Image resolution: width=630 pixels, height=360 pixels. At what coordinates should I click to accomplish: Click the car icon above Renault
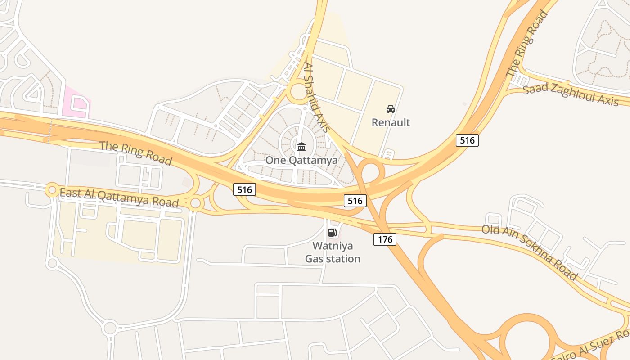tap(391, 109)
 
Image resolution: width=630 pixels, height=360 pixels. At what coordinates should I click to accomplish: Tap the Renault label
tap(391, 122)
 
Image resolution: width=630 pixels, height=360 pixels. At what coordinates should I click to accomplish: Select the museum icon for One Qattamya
tap(301, 147)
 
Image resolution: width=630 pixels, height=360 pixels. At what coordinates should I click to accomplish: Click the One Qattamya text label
tap(301, 161)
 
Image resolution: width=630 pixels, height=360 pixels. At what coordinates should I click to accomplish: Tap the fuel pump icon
tap(333, 233)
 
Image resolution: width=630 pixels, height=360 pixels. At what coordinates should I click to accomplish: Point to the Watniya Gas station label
tap(333, 252)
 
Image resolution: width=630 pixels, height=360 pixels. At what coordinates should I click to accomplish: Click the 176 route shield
tap(385, 239)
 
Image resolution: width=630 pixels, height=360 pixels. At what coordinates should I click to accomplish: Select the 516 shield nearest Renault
tap(467, 140)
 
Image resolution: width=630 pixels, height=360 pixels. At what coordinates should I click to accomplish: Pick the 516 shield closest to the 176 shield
tap(355, 201)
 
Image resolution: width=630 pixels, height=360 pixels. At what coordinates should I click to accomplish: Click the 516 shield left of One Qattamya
tap(245, 189)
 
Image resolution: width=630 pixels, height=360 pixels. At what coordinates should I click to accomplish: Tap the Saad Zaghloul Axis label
tap(571, 94)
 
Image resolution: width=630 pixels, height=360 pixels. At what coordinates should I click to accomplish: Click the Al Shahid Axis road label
tap(318, 97)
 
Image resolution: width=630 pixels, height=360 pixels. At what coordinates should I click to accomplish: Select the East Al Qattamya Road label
tap(119, 198)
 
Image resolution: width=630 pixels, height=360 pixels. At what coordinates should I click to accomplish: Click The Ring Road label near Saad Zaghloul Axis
tap(527, 44)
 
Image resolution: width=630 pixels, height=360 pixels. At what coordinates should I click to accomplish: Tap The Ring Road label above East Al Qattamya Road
tap(135, 153)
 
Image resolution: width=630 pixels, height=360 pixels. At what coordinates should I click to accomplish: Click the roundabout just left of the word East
tap(52, 190)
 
